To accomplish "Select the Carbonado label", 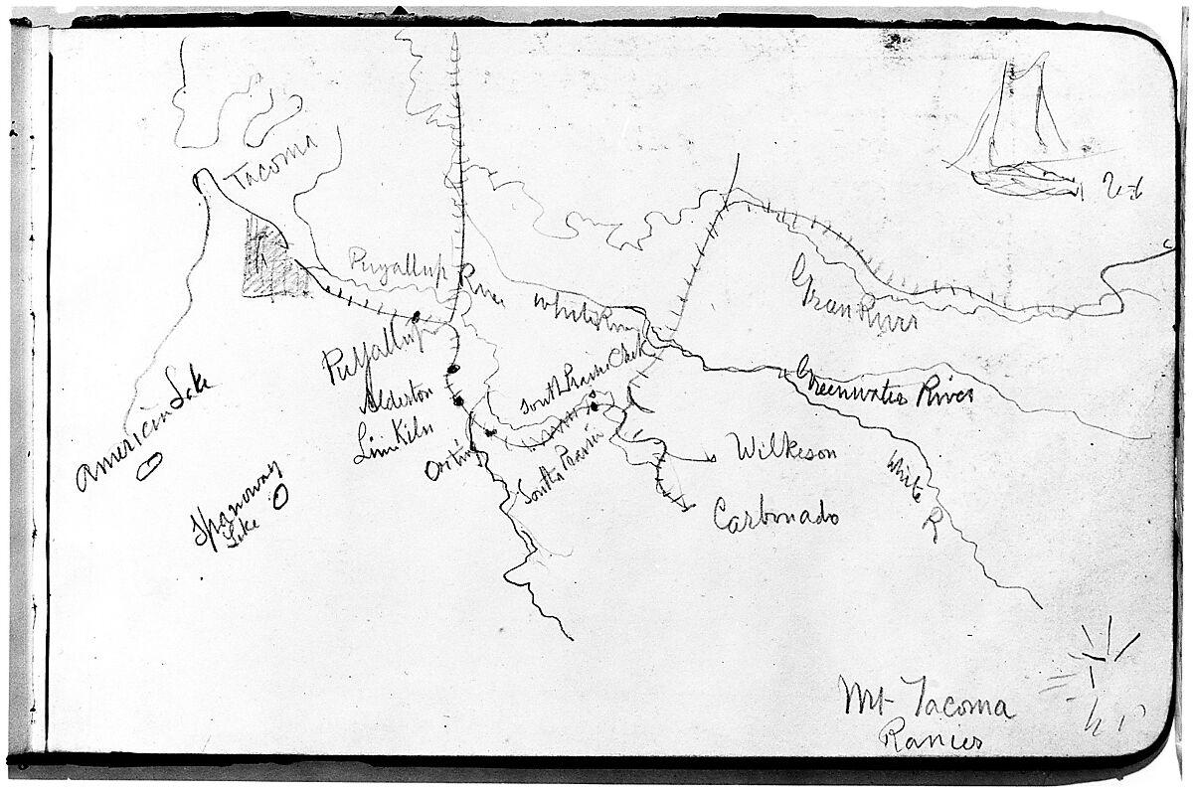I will [x=775, y=514].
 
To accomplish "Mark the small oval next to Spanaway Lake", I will [x=281, y=494].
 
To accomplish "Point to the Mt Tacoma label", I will [x=924, y=701].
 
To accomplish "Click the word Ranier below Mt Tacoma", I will [x=933, y=740].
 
